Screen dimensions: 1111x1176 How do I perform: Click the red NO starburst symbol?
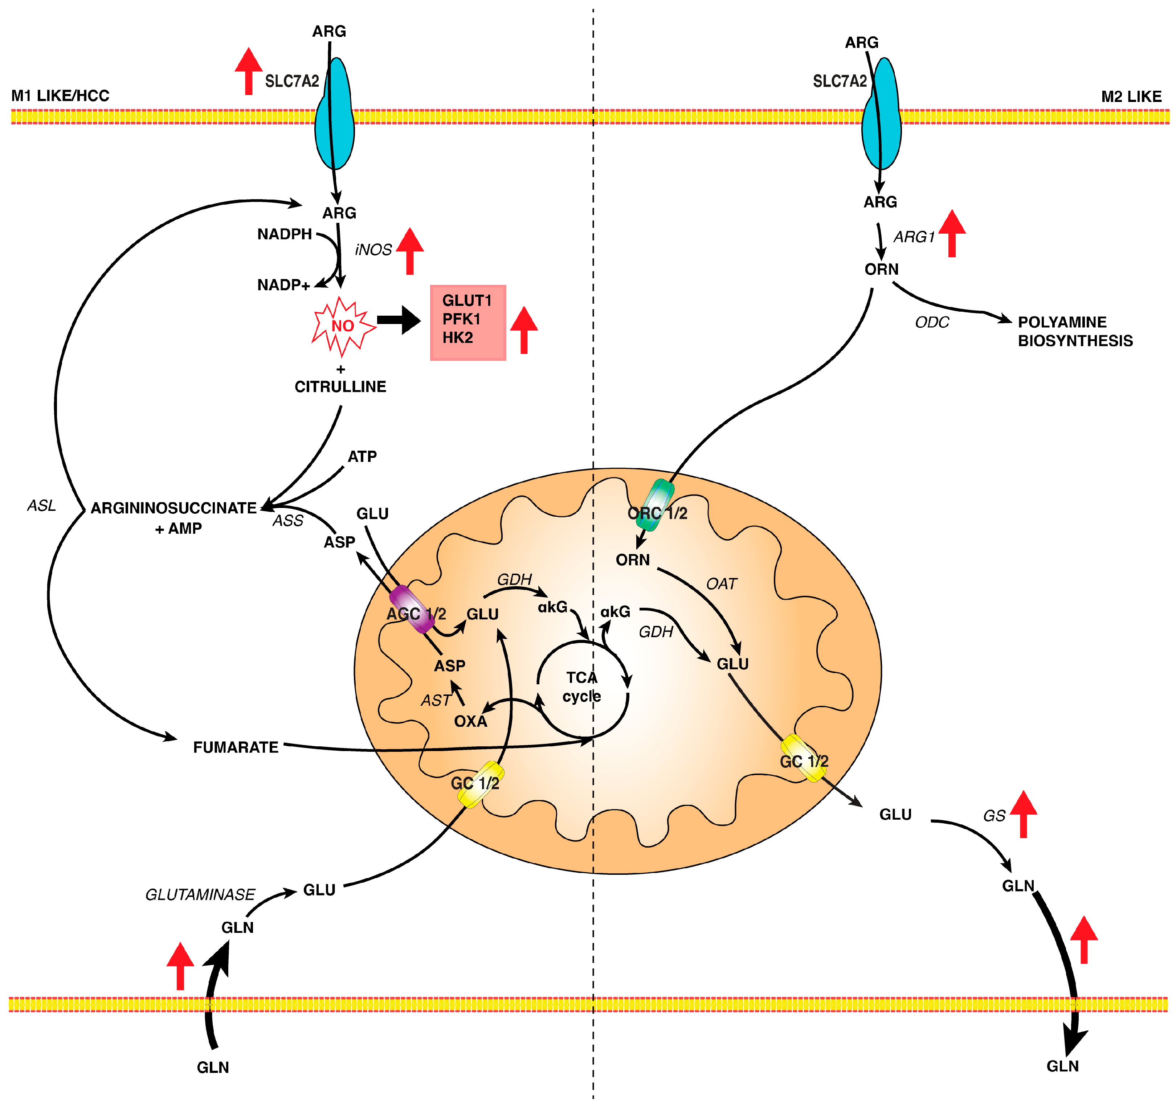342,326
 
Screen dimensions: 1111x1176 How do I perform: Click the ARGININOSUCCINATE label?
173,508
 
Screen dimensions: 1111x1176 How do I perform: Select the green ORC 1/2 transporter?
658,505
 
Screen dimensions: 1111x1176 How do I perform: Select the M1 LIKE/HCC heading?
60,96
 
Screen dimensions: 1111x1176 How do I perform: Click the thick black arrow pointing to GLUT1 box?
399,320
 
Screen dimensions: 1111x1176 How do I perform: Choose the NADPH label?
284,234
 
